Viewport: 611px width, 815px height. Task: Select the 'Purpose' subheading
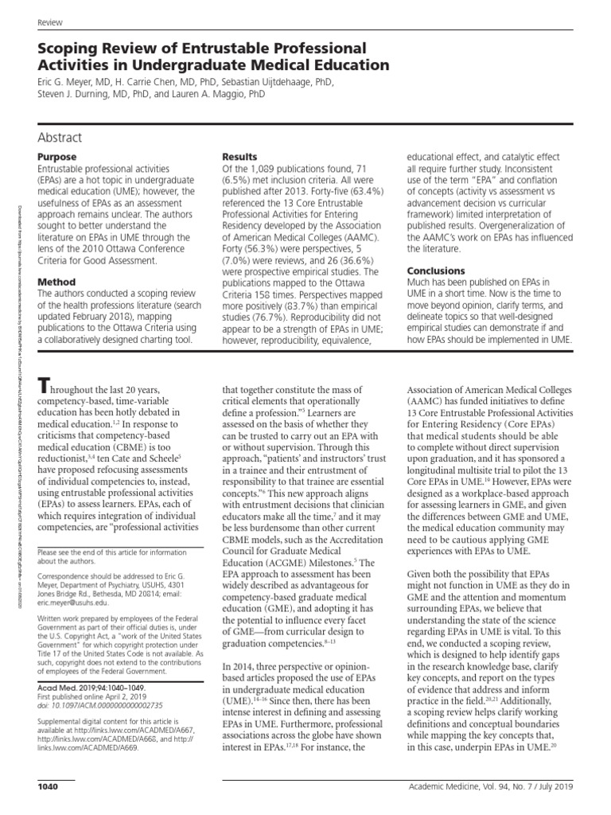[57, 158]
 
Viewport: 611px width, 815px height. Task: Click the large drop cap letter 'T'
[47, 386]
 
